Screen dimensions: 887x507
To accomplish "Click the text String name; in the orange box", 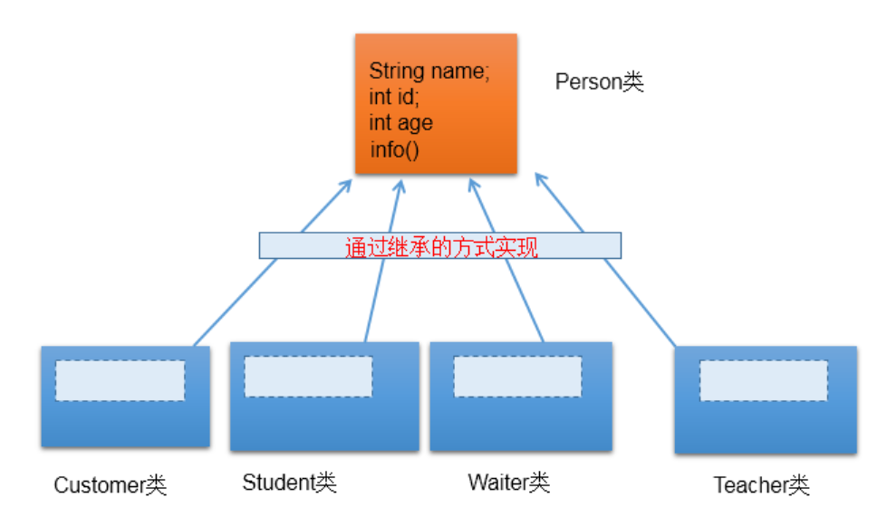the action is pos(429,72).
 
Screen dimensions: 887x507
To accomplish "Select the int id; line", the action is pos(394,97).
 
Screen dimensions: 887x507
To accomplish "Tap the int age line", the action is pos(400,122).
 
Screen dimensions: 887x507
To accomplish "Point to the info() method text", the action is pos(394,148).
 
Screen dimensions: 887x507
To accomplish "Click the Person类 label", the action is pos(599,82).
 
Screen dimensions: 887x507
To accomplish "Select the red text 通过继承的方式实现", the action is pos(441,247).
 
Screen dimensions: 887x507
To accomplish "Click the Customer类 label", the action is pos(111,485).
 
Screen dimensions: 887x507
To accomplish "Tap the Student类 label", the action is pos(289,483).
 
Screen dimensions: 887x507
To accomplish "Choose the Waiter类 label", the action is pos(508,482).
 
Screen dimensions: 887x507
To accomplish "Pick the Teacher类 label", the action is pos(760,485).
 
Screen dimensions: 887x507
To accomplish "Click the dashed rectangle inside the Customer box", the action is pos(120,380).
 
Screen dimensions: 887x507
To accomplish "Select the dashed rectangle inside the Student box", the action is pos(308,376).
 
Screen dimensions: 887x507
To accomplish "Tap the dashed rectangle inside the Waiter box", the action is pos(517,377).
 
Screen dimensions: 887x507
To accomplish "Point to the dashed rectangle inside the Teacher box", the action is pos(763,380).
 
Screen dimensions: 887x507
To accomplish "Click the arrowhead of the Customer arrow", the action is pos(346,183).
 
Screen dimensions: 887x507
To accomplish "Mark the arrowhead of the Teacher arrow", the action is pos(540,178).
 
